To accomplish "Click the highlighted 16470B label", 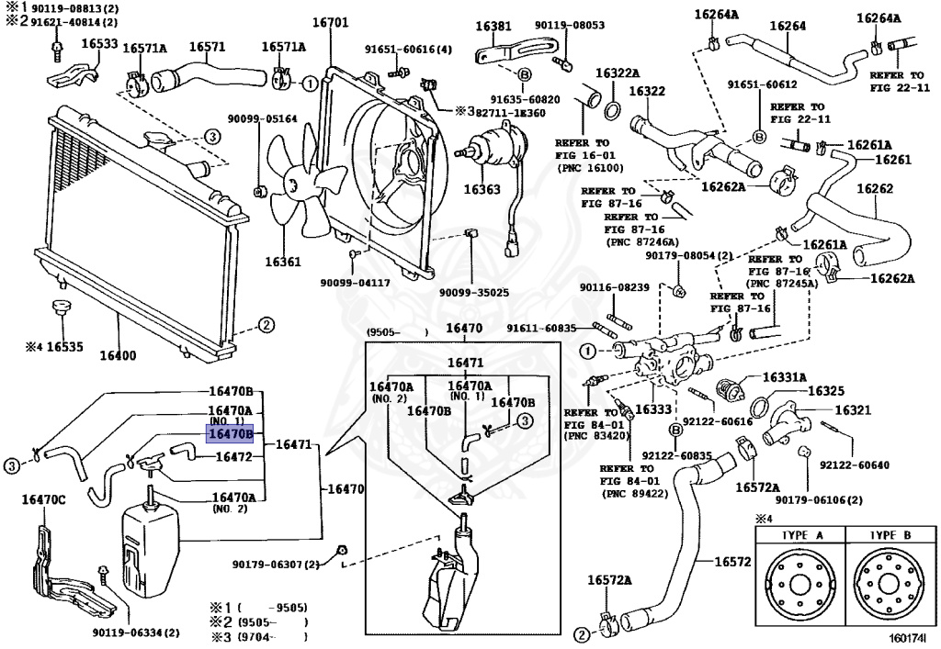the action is (x=230, y=433).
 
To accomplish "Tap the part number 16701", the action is (x=330, y=23).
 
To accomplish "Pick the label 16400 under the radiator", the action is (x=118, y=355).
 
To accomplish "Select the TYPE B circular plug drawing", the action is (x=890, y=584).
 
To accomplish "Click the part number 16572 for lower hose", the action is (x=732, y=562).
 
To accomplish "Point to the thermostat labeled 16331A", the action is (x=729, y=388).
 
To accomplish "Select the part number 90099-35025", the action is (x=473, y=293).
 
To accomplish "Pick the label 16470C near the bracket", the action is (x=43, y=498).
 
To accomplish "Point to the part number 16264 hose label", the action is (x=788, y=26).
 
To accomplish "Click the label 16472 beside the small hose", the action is (x=233, y=457).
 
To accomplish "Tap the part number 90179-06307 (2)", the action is (x=276, y=564).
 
